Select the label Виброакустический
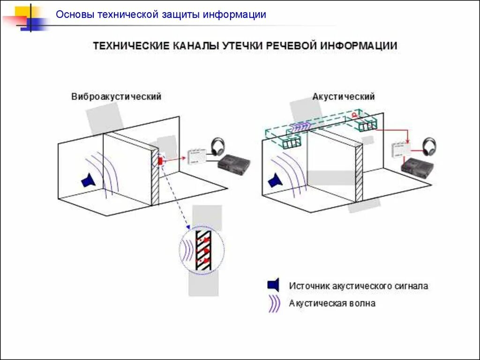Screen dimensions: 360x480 [116, 97]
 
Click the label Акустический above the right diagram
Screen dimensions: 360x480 [344, 97]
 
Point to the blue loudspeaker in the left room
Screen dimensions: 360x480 [88, 180]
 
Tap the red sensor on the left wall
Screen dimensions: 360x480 [160, 161]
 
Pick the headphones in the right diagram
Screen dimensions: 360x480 [428, 146]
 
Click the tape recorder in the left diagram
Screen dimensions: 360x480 [234, 163]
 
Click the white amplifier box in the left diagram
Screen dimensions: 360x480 [197, 156]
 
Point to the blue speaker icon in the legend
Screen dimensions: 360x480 [273, 285]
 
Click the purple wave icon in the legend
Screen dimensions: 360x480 [274, 304]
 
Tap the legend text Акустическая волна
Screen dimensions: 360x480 [332, 303]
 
